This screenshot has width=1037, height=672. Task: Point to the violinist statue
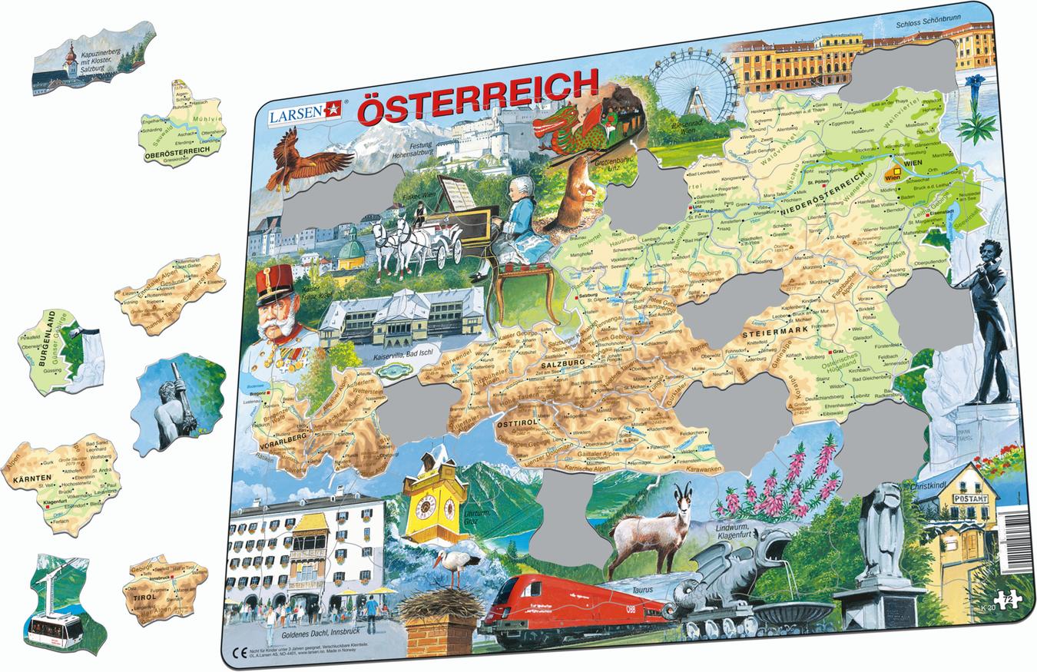(992, 314)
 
